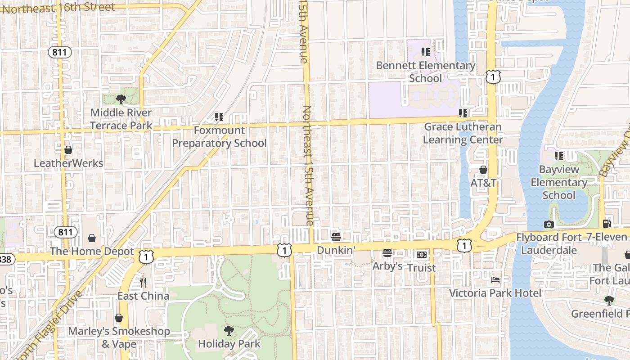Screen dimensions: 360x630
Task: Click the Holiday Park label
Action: click(229, 344)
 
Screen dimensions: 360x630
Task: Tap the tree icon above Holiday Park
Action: click(229, 331)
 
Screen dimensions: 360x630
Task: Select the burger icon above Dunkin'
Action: click(336, 237)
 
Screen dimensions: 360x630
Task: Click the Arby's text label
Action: click(387, 266)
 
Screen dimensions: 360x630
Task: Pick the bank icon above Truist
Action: click(422, 255)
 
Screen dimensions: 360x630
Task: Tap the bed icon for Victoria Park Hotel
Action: click(495, 280)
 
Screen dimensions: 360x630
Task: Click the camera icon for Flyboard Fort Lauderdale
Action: click(549, 224)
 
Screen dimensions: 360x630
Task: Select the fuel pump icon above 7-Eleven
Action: click(607, 223)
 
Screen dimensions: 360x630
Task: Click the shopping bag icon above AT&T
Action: click(483, 170)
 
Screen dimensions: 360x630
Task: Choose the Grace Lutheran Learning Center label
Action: click(463, 133)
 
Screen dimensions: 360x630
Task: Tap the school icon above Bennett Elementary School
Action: click(426, 52)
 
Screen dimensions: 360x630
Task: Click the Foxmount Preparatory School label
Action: click(220, 137)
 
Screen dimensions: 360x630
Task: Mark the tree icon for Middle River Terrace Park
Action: click(121, 99)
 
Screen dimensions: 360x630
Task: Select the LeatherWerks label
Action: click(68, 163)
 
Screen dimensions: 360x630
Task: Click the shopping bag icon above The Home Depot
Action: click(92, 238)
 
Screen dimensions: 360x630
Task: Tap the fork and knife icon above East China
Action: click(143, 283)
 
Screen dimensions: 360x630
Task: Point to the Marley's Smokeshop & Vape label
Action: click(119, 337)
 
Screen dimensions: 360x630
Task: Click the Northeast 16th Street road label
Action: click(58, 8)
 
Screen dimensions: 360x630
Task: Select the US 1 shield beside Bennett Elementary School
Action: click(493, 77)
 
